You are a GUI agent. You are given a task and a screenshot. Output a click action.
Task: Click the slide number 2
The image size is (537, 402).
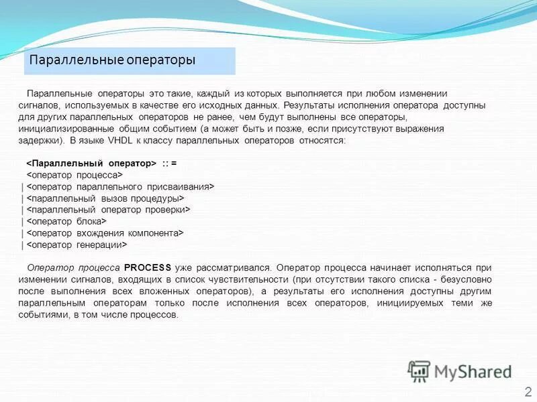click(528, 392)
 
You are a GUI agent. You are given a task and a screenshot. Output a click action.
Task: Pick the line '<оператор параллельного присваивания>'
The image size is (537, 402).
click(120, 186)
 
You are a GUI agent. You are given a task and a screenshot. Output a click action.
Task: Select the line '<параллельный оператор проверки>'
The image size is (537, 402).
click(109, 210)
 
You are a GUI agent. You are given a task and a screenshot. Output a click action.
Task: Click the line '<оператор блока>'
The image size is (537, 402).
click(66, 221)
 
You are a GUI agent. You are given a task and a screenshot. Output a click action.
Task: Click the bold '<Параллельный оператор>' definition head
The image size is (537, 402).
click(91, 163)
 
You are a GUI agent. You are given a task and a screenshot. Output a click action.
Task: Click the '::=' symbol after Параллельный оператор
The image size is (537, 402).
click(169, 163)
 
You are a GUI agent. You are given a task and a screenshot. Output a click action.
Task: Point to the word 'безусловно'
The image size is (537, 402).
click(468, 279)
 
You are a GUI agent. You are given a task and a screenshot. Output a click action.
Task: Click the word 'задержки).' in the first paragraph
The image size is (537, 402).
click(42, 141)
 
